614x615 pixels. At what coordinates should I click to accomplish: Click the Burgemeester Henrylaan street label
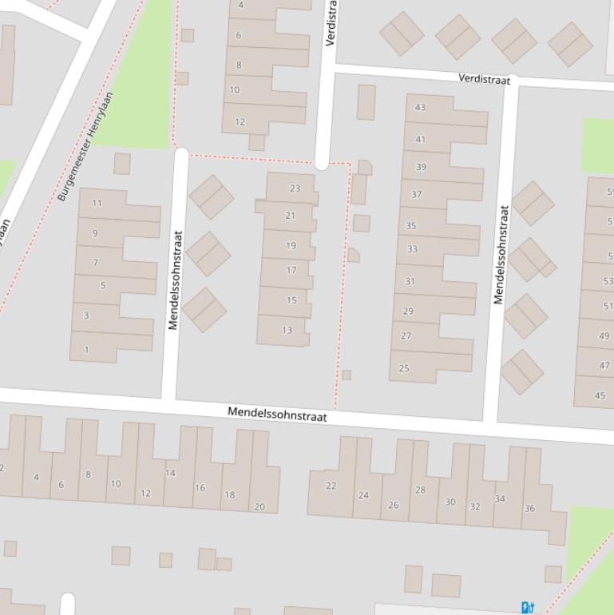click(85, 146)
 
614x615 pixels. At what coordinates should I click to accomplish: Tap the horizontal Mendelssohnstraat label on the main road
click(277, 414)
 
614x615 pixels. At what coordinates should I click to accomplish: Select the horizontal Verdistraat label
click(484, 78)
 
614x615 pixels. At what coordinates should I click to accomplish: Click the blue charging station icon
click(527, 607)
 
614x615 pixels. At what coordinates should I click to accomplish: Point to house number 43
click(420, 107)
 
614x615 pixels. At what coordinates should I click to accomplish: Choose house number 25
click(404, 368)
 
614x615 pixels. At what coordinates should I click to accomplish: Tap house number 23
click(295, 188)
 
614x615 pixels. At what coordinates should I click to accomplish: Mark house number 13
click(287, 330)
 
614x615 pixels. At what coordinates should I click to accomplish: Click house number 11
click(97, 203)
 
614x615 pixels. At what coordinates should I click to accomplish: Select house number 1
click(86, 349)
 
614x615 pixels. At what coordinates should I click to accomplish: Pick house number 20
click(259, 506)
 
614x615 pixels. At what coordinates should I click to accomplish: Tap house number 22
click(331, 486)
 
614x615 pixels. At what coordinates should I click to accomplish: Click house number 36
click(529, 508)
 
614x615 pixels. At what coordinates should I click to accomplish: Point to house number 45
click(600, 395)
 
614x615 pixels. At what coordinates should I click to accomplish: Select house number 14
click(170, 473)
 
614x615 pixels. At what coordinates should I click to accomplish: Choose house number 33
click(412, 249)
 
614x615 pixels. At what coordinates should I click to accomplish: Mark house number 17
click(291, 270)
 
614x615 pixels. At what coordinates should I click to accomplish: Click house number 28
click(420, 490)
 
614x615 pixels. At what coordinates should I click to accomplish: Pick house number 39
click(421, 167)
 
